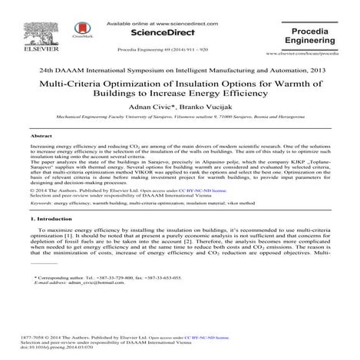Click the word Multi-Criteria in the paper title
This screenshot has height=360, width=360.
point(89,84)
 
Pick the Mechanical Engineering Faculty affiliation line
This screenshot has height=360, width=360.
point(179,117)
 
